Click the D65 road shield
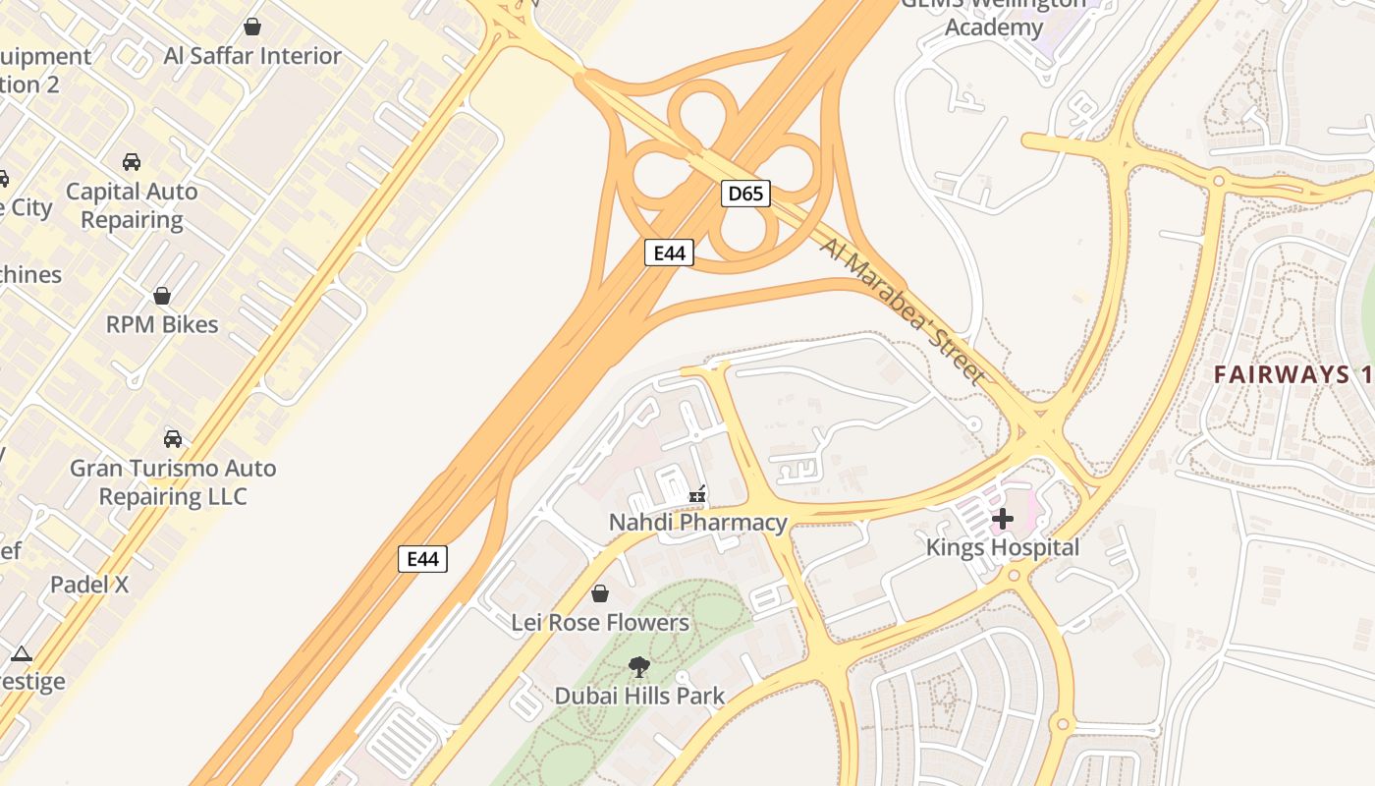[x=745, y=194]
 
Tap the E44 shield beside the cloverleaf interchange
[x=669, y=253]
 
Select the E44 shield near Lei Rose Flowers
[x=422, y=559]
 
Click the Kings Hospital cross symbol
[x=1003, y=518]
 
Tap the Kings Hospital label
[x=1003, y=547]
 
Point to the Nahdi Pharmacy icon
[x=698, y=494]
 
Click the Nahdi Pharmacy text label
[x=698, y=523]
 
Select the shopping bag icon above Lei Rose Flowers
[x=600, y=593]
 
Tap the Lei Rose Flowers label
[x=600, y=623]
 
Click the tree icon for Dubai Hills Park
[x=639, y=667]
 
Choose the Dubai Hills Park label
[x=639, y=697]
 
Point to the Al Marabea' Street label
[x=903, y=310]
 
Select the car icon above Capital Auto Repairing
[x=132, y=162]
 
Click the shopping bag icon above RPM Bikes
[x=162, y=296]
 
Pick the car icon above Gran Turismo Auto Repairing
[x=173, y=438]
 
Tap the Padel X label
[x=89, y=585]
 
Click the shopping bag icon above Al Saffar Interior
[x=252, y=27]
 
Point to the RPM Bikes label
[x=162, y=324]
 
